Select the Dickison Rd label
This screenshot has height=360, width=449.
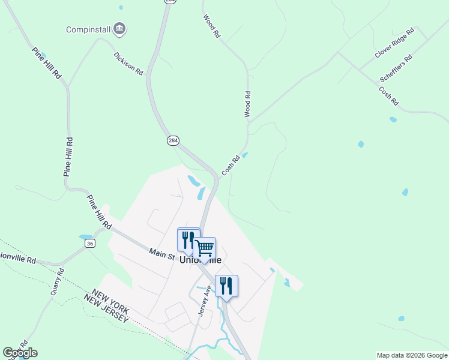(x=128, y=64)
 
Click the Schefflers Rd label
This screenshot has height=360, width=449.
(x=396, y=68)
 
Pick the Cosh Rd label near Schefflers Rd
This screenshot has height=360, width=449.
(x=388, y=96)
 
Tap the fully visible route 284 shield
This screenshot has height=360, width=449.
(x=173, y=140)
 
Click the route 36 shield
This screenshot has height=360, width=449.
(x=89, y=243)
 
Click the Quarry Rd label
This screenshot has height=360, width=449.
(x=56, y=283)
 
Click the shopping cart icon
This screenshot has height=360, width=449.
(x=205, y=248)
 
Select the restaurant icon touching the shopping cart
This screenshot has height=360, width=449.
(x=188, y=239)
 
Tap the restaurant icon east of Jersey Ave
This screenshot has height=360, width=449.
(x=226, y=285)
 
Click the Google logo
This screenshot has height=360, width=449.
(x=20, y=353)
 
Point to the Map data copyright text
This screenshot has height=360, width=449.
(x=412, y=355)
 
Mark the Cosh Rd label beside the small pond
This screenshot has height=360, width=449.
(x=231, y=166)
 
